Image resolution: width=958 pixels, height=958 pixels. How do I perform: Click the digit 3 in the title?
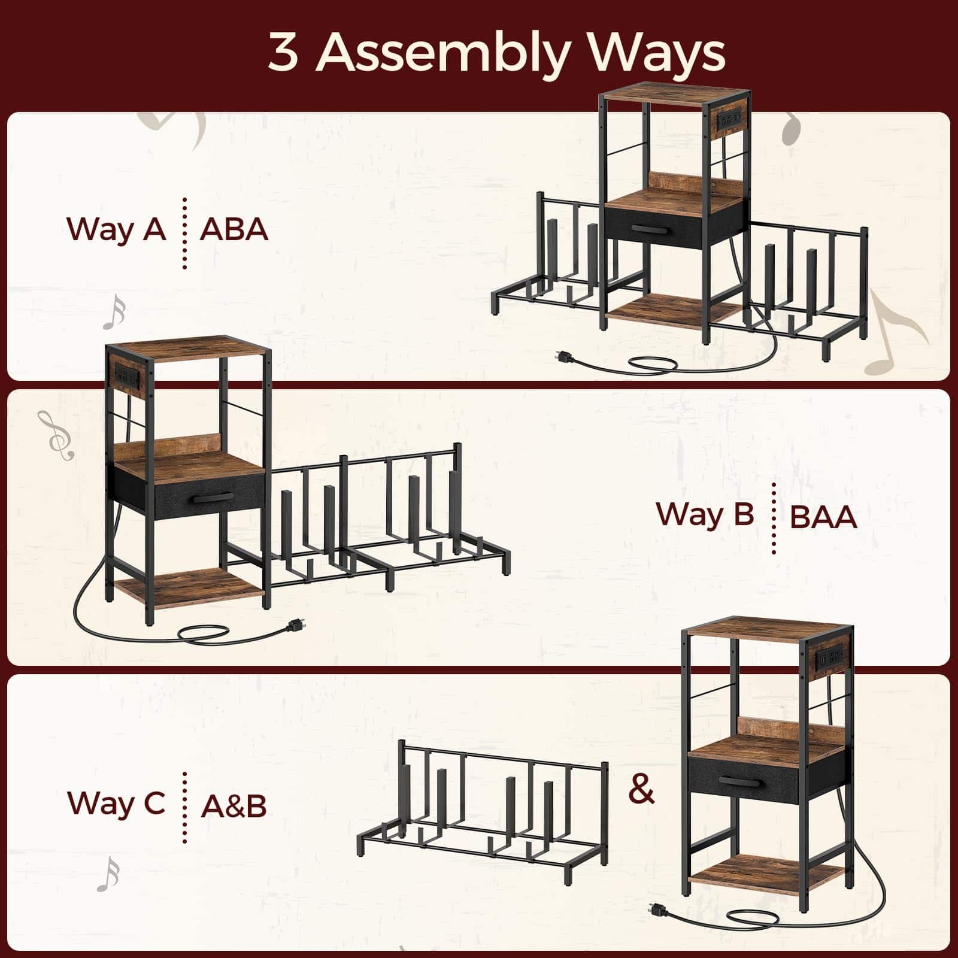pyautogui.click(x=284, y=53)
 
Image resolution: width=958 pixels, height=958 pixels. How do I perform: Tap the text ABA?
pyautogui.click(x=234, y=230)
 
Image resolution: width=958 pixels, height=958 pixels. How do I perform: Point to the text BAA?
pyautogui.click(x=823, y=517)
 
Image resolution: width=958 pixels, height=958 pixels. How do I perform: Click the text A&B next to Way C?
pyautogui.click(x=234, y=805)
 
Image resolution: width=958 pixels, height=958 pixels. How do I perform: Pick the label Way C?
pyautogui.click(x=116, y=803)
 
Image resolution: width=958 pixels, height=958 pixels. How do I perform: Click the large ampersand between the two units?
pyautogui.click(x=641, y=790)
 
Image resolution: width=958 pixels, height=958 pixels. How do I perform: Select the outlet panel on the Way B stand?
pyautogui.click(x=125, y=375)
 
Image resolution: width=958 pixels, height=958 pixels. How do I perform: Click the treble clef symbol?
pyautogui.click(x=56, y=436)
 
